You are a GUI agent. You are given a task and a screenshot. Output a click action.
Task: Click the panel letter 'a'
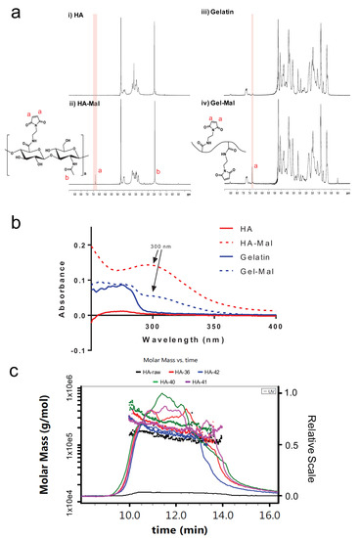13,14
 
